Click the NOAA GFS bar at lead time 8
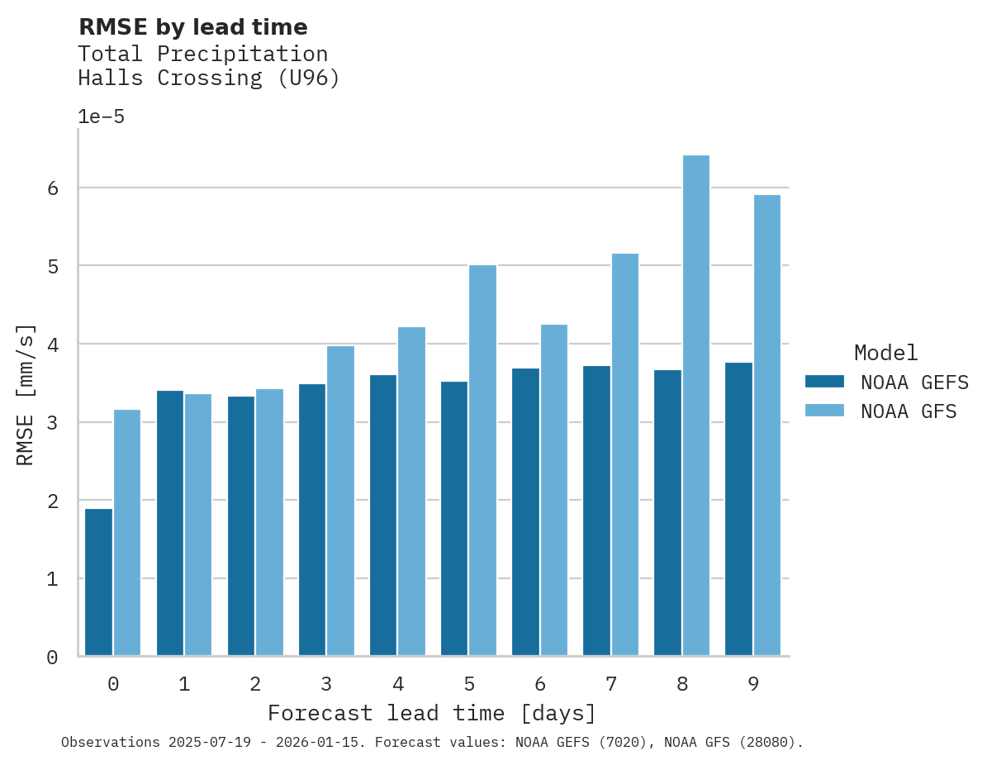pyautogui.click(x=696, y=406)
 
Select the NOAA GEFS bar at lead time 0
pyautogui.click(x=99, y=582)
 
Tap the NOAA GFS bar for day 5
pyautogui.click(x=483, y=460)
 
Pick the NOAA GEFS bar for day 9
pyautogui.click(x=739, y=509)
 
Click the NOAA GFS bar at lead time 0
pyautogui.click(x=127, y=533)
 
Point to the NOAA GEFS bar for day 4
pyautogui.click(x=383, y=516)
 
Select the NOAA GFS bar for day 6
pyautogui.click(x=554, y=490)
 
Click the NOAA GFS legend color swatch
pyautogui.click(x=824, y=411)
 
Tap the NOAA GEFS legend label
pyautogui.click(x=914, y=382)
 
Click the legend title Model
pyautogui.click(x=885, y=353)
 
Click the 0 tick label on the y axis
pyautogui.click(x=52, y=658)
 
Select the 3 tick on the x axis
pyautogui.click(x=327, y=684)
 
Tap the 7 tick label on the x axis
pyautogui.click(x=611, y=684)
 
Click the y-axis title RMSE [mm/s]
pyautogui.click(x=26, y=395)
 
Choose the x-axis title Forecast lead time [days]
pyautogui.click(x=432, y=713)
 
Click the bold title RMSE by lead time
pyautogui.click(x=192, y=27)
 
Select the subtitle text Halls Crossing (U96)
pyautogui.click(x=208, y=78)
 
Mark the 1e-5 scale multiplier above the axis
pyautogui.click(x=101, y=116)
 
